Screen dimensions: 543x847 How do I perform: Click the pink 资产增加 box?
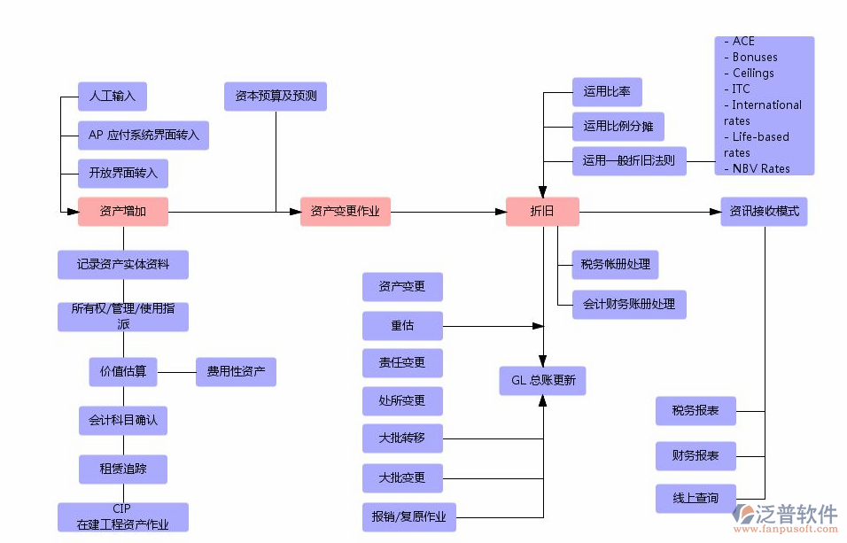coord(122,212)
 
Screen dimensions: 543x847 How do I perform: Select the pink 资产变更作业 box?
coord(345,212)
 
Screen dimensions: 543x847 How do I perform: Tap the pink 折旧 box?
coord(542,212)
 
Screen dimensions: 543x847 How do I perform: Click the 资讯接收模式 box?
coord(764,212)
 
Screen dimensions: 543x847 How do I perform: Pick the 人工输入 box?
coord(112,96)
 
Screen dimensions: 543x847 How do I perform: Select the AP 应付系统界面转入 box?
coord(143,136)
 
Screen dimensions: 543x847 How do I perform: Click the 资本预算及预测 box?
coord(275,96)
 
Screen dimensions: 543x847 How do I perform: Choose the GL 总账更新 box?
coord(542,381)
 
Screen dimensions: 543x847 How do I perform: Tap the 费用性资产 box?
coord(235,372)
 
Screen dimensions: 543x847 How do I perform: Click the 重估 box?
coord(402,326)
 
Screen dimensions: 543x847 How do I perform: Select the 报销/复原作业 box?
coord(408,516)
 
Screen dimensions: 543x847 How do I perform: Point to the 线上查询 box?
coord(695,499)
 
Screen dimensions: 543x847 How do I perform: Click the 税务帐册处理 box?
coord(615,264)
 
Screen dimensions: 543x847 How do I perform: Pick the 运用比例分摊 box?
coord(617,127)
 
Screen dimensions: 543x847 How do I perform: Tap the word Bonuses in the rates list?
coord(755,58)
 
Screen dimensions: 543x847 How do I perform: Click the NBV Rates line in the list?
coord(760,168)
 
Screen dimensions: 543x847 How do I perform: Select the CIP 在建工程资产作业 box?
coord(122,517)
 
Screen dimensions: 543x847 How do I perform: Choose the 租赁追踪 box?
coord(122,469)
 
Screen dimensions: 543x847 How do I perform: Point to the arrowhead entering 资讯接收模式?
coord(715,212)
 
